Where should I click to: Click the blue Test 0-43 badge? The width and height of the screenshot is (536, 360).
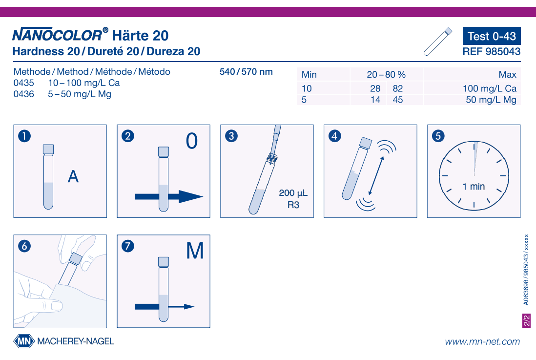pyautogui.click(x=492, y=36)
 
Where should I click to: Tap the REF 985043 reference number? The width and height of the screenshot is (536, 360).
pyautogui.click(x=492, y=51)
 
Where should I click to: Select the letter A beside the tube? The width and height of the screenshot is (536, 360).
pyautogui.click(x=73, y=176)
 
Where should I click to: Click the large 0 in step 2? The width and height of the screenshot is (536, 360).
pyautogui.click(x=192, y=141)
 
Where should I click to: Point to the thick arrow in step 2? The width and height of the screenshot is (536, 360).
pyautogui.click(x=168, y=197)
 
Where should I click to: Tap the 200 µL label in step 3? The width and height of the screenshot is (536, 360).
pyautogui.click(x=293, y=193)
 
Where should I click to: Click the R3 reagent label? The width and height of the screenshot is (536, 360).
pyautogui.click(x=293, y=205)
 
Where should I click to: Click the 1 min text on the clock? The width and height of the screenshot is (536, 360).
pyautogui.click(x=474, y=187)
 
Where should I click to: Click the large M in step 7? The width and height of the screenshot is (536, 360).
pyautogui.click(x=195, y=251)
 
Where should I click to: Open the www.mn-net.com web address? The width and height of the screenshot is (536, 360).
pyautogui.click(x=482, y=341)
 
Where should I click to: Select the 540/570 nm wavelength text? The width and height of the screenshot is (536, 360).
pyautogui.click(x=246, y=72)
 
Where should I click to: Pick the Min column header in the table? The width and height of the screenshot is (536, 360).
pyautogui.click(x=309, y=75)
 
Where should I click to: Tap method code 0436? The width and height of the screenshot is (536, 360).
pyautogui.click(x=23, y=94)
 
